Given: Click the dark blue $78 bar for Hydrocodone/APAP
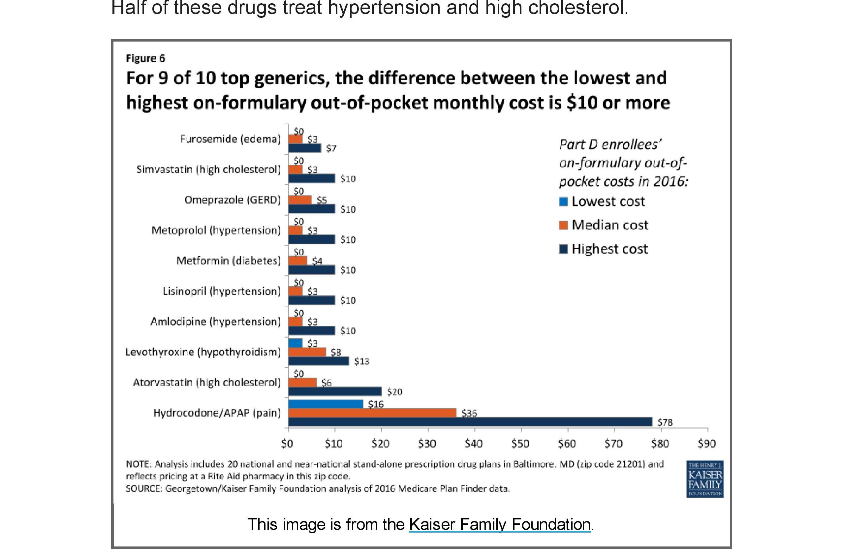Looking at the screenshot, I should [x=470, y=422].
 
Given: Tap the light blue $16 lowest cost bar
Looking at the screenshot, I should [x=326, y=404].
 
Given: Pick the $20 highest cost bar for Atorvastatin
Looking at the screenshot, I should [x=335, y=391].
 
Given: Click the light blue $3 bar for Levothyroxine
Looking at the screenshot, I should [x=295, y=343].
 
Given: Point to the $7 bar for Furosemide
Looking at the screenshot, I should [x=304, y=148].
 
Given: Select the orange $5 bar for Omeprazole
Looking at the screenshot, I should [x=300, y=200].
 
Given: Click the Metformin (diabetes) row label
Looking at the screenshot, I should [x=229, y=261].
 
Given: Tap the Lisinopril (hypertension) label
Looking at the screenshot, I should [x=221, y=291].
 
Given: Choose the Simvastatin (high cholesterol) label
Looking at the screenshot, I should [x=208, y=169].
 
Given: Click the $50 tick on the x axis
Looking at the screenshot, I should [x=520, y=444].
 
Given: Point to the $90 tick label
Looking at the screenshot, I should [x=706, y=444].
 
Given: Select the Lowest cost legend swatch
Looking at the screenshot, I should [x=563, y=202].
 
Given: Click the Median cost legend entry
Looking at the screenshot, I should [x=609, y=225].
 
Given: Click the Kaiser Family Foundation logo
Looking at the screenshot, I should [x=705, y=479].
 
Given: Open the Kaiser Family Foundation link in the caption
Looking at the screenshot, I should [x=499, y=524].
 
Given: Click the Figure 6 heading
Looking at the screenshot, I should [x=145, y=58].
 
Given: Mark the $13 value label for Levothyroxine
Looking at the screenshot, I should [x=361, y=361].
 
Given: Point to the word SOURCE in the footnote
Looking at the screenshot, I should [x=144, y=488].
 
